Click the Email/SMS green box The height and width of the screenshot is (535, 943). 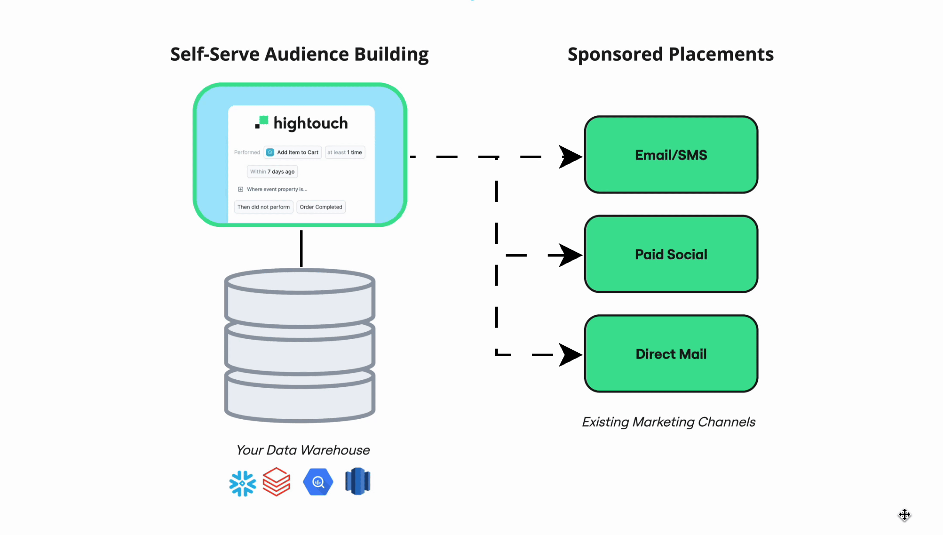(671, 155)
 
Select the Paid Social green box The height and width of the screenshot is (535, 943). (671, 254)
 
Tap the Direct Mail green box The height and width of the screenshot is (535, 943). (671, 354)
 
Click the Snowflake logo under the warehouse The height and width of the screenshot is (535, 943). (242, 483)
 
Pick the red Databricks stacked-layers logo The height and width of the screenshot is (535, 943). (276, 482)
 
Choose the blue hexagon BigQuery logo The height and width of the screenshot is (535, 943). (318, 482)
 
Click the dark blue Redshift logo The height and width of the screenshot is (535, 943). (358, 481)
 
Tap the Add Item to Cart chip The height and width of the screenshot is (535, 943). (293, 152)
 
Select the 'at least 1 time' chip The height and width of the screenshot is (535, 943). (345, 152)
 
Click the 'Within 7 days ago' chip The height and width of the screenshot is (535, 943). (272, 171)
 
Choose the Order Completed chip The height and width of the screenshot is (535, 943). (321, 207)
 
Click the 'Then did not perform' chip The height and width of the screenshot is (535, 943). (264, 207)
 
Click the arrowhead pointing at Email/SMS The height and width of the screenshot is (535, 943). (569, 156)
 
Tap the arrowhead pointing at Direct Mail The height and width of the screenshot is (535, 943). (569, 354)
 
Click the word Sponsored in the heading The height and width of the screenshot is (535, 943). (615, 54)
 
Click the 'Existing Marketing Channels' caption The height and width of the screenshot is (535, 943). (668, 422)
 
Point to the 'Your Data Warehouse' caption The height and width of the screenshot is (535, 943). (303, 450)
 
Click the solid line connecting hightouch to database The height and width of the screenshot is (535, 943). (301, 248)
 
